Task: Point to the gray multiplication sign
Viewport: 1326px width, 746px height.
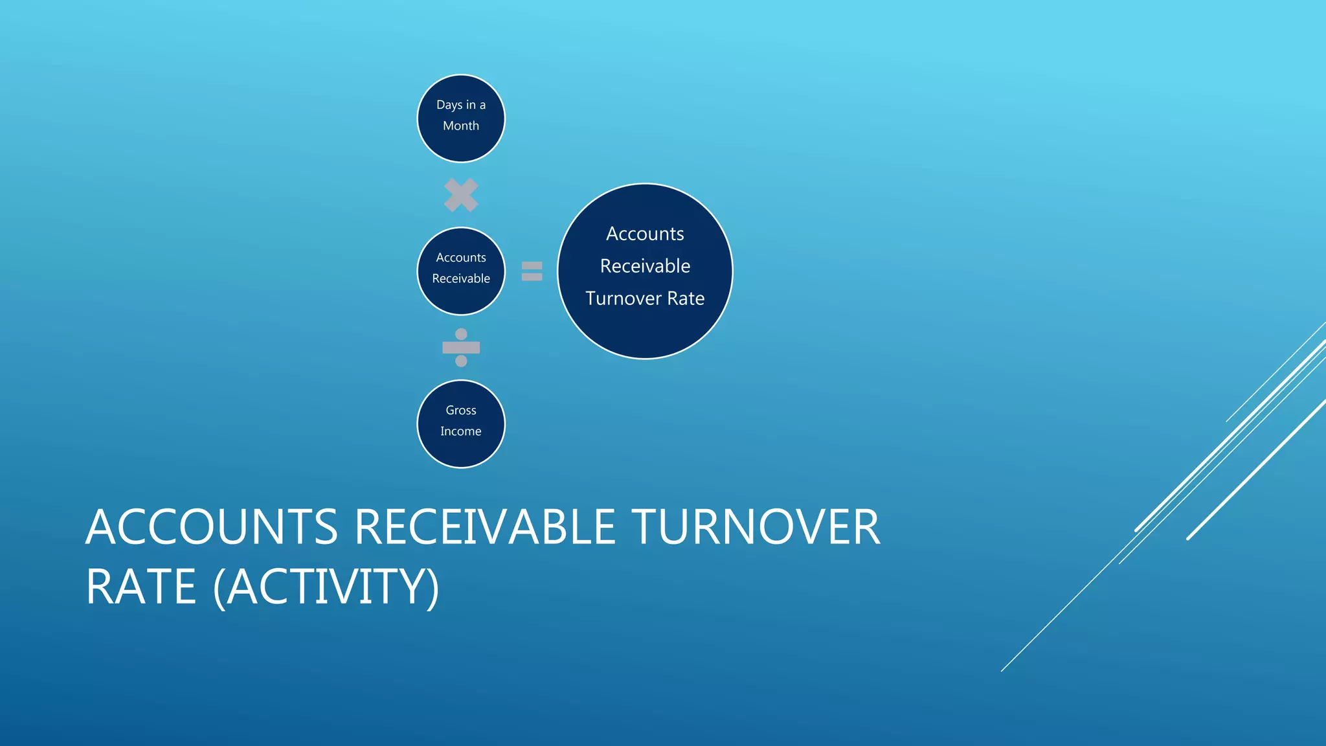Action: point(461,195)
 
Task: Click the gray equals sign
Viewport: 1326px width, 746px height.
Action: point(532,271)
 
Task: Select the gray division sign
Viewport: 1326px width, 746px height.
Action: point(461,348)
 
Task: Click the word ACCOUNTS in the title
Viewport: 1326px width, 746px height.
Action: point(211,526)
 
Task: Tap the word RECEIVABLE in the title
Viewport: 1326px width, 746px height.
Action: point(485,526)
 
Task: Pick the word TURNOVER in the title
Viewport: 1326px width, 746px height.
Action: point(755,526)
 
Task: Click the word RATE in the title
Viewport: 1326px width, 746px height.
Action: point(140,587)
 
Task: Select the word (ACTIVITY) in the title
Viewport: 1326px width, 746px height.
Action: point(326,587)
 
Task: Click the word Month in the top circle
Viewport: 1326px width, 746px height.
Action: point(460,126)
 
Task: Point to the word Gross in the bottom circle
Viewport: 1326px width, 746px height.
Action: point(460,410)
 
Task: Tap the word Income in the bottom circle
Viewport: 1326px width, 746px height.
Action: point(460,431)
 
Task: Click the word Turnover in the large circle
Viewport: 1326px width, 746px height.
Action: point(623,299)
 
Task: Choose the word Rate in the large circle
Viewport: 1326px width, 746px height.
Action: point(686,299)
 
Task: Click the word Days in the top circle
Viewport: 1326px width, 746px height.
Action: point(449,105)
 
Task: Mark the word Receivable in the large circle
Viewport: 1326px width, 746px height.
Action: point(645,266)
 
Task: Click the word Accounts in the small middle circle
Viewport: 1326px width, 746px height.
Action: point(460,258)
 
